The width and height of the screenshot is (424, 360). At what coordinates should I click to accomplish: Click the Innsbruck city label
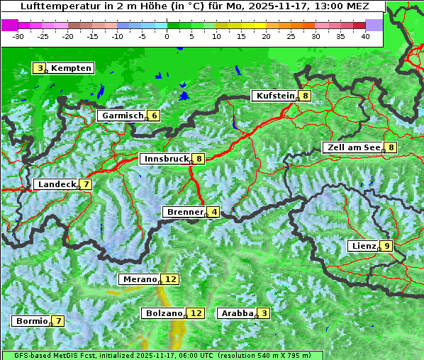click(x=166, y=159)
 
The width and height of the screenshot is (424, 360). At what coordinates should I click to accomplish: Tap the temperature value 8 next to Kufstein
click(x=305, y=96)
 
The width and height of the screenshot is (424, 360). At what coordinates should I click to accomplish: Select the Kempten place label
click(x=71, y=68)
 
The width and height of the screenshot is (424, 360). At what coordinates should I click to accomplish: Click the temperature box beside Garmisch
click(x=153, y=116)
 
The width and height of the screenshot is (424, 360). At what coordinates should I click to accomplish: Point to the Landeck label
click(x=57, y=184)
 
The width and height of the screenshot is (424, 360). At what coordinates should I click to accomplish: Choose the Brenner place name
click(x=184, y=212)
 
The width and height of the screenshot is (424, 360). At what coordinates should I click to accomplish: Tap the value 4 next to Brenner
click(x=213, y=212)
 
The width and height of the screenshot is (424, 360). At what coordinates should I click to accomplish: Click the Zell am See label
click(x=352, y=147)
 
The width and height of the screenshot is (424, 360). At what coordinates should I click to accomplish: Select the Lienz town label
click(x=363, y=246)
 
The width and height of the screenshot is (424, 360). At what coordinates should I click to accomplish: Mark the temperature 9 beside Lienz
click(x=386, y=246)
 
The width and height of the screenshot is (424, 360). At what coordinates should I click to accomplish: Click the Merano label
click(x=139, y=279)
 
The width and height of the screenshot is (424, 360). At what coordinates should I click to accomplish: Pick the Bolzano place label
click(x=164, y=313)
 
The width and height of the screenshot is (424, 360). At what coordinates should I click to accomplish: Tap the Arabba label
click(x=237, y=313)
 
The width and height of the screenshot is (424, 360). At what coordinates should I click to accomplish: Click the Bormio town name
click(x=32, y=321)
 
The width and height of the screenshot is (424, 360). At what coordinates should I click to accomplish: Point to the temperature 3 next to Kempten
click(x=40, y=68)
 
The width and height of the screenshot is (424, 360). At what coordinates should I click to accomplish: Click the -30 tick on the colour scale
click(x=18, y=35)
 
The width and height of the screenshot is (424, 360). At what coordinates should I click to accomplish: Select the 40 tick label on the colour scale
click(x=365, y=35)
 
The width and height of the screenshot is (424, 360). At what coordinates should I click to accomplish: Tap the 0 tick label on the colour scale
click(x=167, y=35)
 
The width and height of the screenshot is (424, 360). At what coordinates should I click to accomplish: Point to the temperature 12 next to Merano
click(x=170, y=279)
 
